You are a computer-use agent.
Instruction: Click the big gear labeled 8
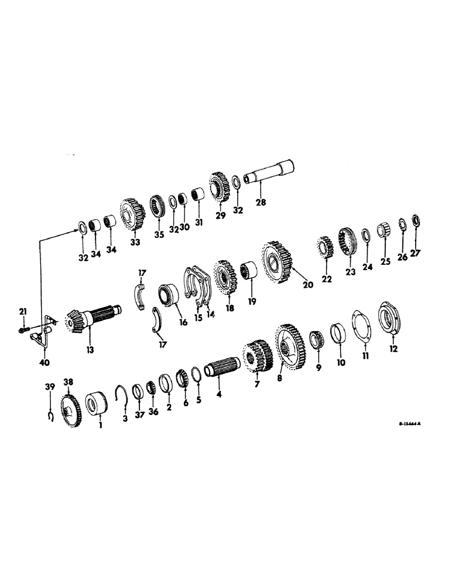[x=289, y=346]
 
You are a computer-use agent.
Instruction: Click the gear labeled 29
[x=220, y=188]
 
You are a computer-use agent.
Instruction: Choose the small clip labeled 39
[x=50, y=417]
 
